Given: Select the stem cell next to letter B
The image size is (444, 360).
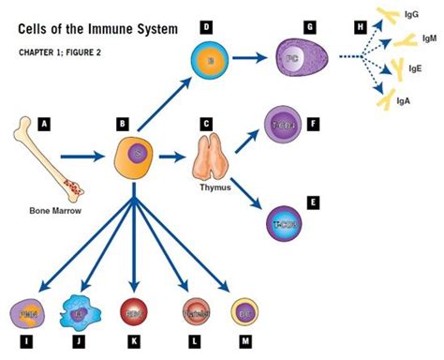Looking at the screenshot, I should pos(135,152).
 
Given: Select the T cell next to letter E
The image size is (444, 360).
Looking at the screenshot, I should pos(285,224).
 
